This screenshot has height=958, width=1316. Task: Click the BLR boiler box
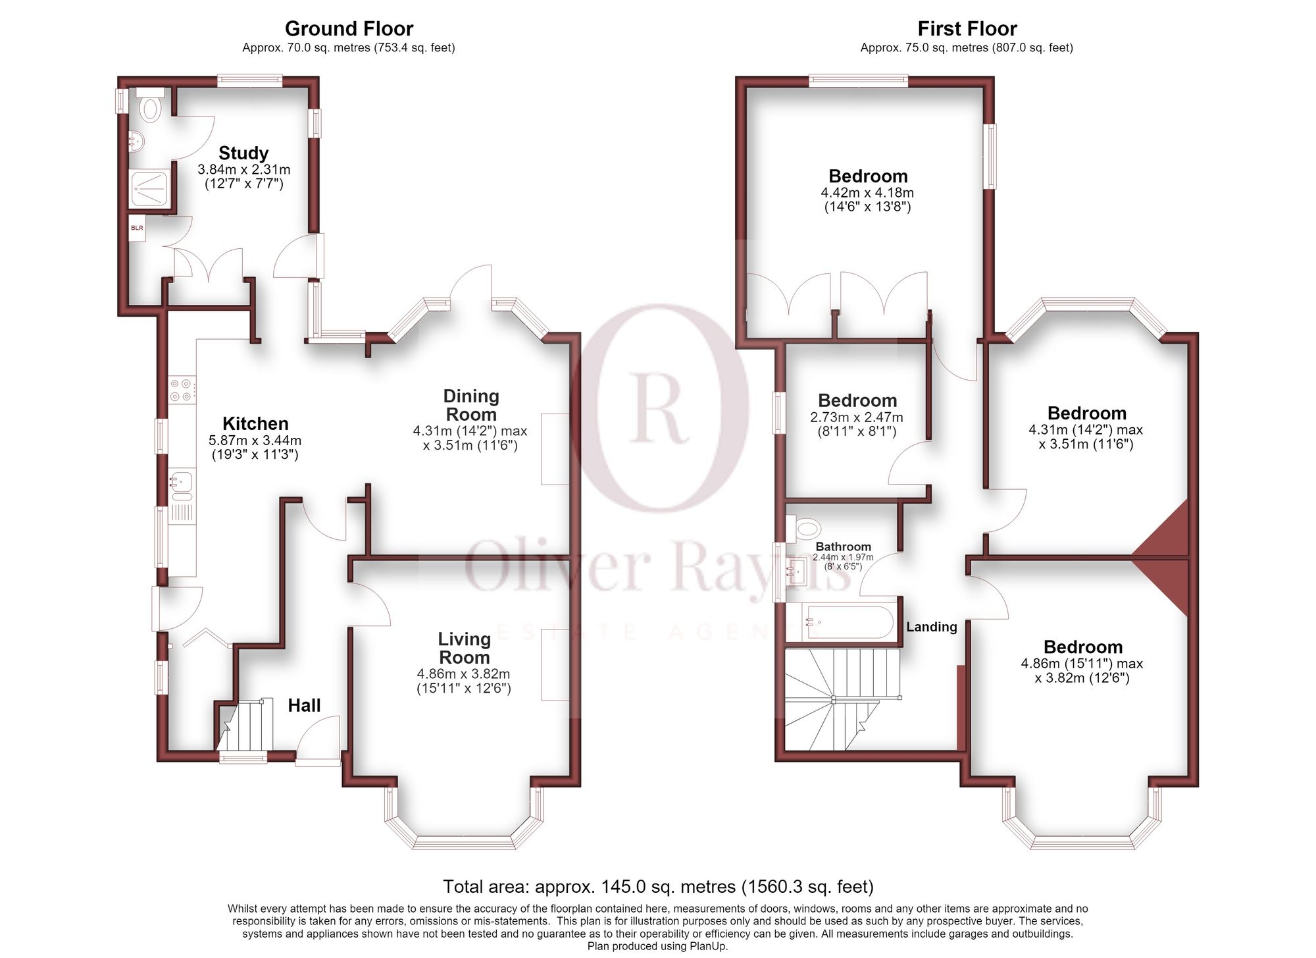[x=137, y=228]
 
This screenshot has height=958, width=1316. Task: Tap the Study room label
[x=243, y=153]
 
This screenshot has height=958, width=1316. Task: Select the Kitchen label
[x=255, y=423]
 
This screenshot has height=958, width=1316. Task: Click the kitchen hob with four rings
[x=182, y=389]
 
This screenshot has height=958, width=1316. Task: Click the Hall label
[x=304, y=705]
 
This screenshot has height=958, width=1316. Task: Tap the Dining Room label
[x=471, y=405]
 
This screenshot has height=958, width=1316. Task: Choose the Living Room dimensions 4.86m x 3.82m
[x=464, y=674]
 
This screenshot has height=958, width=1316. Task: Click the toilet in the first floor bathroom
[x=804, y=527]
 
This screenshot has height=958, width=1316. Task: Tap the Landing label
[x=931, y=627]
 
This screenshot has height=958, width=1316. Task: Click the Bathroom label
[x=843, y=546]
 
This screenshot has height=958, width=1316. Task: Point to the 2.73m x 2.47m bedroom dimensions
[x=857, y=417]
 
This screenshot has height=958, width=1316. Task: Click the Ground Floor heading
[x=349, y=29]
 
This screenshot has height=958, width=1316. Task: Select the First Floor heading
[x=967, y=29]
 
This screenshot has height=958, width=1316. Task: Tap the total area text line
[x=658, y=887]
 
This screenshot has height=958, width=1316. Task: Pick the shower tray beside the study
[x=151, y=188]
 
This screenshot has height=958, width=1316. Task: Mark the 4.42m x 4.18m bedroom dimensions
[x=867, y=193]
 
